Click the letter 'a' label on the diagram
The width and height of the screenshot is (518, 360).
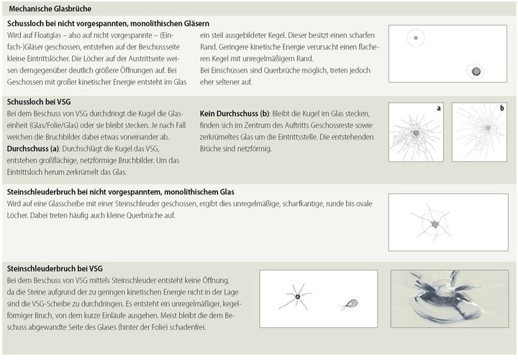[437, 108]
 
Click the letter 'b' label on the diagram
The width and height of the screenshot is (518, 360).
[501, 108]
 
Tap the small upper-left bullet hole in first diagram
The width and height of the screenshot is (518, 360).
[416, 37]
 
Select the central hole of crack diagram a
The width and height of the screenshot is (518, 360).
[416, 133]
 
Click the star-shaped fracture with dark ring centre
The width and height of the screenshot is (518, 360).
[296, 296]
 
